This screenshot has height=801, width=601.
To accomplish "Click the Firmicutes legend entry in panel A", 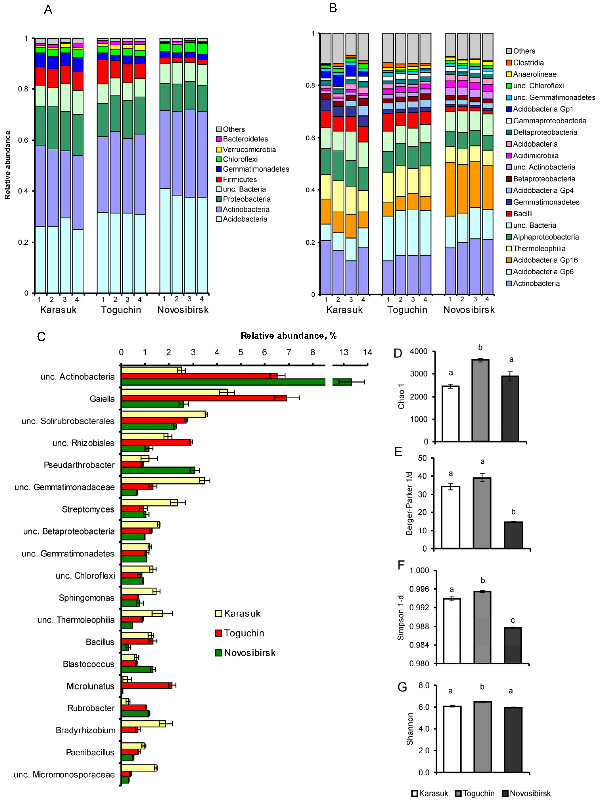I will (240, 179).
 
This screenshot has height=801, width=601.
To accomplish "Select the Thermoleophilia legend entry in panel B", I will (539, 248).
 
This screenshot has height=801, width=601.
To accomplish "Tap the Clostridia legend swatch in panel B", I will (509, 63).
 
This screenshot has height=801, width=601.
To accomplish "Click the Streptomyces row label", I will (88, 509).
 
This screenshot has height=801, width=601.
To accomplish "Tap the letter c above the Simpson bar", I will (513, 620).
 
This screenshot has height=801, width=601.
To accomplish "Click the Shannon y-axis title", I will (410, 729).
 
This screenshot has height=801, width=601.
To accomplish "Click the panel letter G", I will (402, 687).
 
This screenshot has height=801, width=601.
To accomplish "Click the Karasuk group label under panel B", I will (344, 310).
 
